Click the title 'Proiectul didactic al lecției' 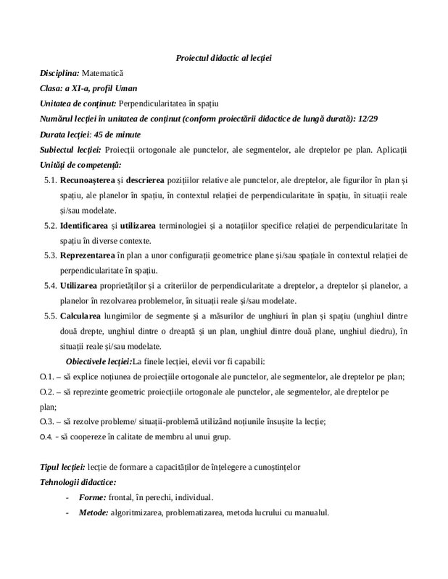pos(223,57)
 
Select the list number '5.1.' pos(50,181)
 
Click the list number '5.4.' pos(50,287)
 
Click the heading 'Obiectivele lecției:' pos(99,361)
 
